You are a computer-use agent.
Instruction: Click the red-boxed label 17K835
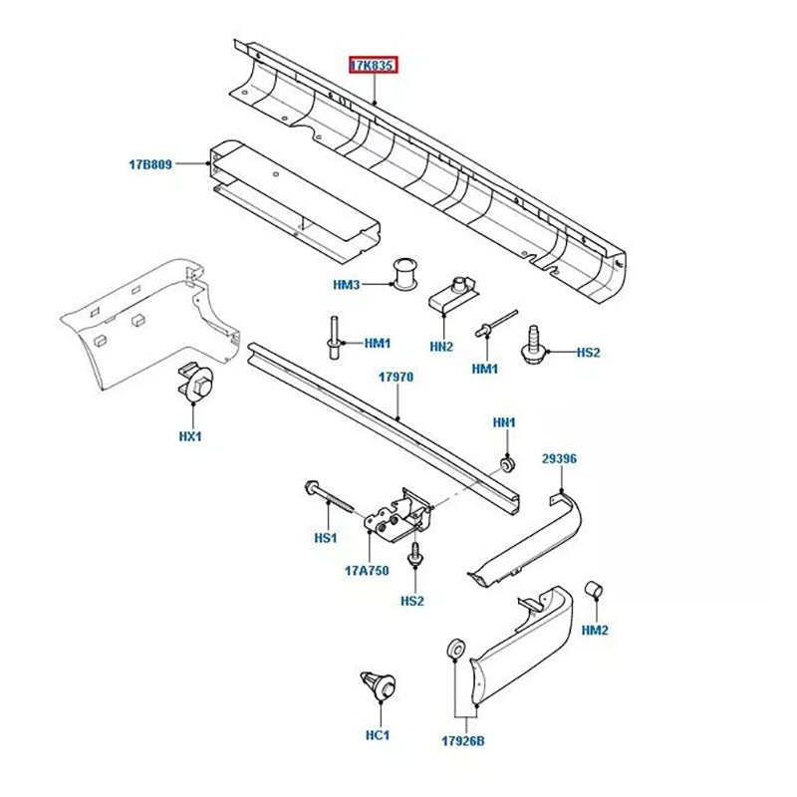(373, 66)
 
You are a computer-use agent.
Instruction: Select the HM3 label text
(346, 286)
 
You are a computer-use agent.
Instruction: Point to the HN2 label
(441, 346)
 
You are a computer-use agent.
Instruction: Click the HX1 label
(190, 436)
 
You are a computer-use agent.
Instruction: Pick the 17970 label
(395, 378)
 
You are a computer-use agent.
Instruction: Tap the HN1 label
(505, 422)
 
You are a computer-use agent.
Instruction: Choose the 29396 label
(559, 459)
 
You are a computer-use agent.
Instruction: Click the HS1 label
(327, 538)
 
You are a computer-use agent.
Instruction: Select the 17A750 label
(366, 571)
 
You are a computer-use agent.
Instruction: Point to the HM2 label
(595, 631)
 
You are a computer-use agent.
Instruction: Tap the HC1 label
(377, 735)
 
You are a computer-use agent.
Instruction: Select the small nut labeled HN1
(507, 463)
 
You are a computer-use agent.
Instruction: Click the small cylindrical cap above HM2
(591, 589)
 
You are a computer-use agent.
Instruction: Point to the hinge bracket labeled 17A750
(398, 517)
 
